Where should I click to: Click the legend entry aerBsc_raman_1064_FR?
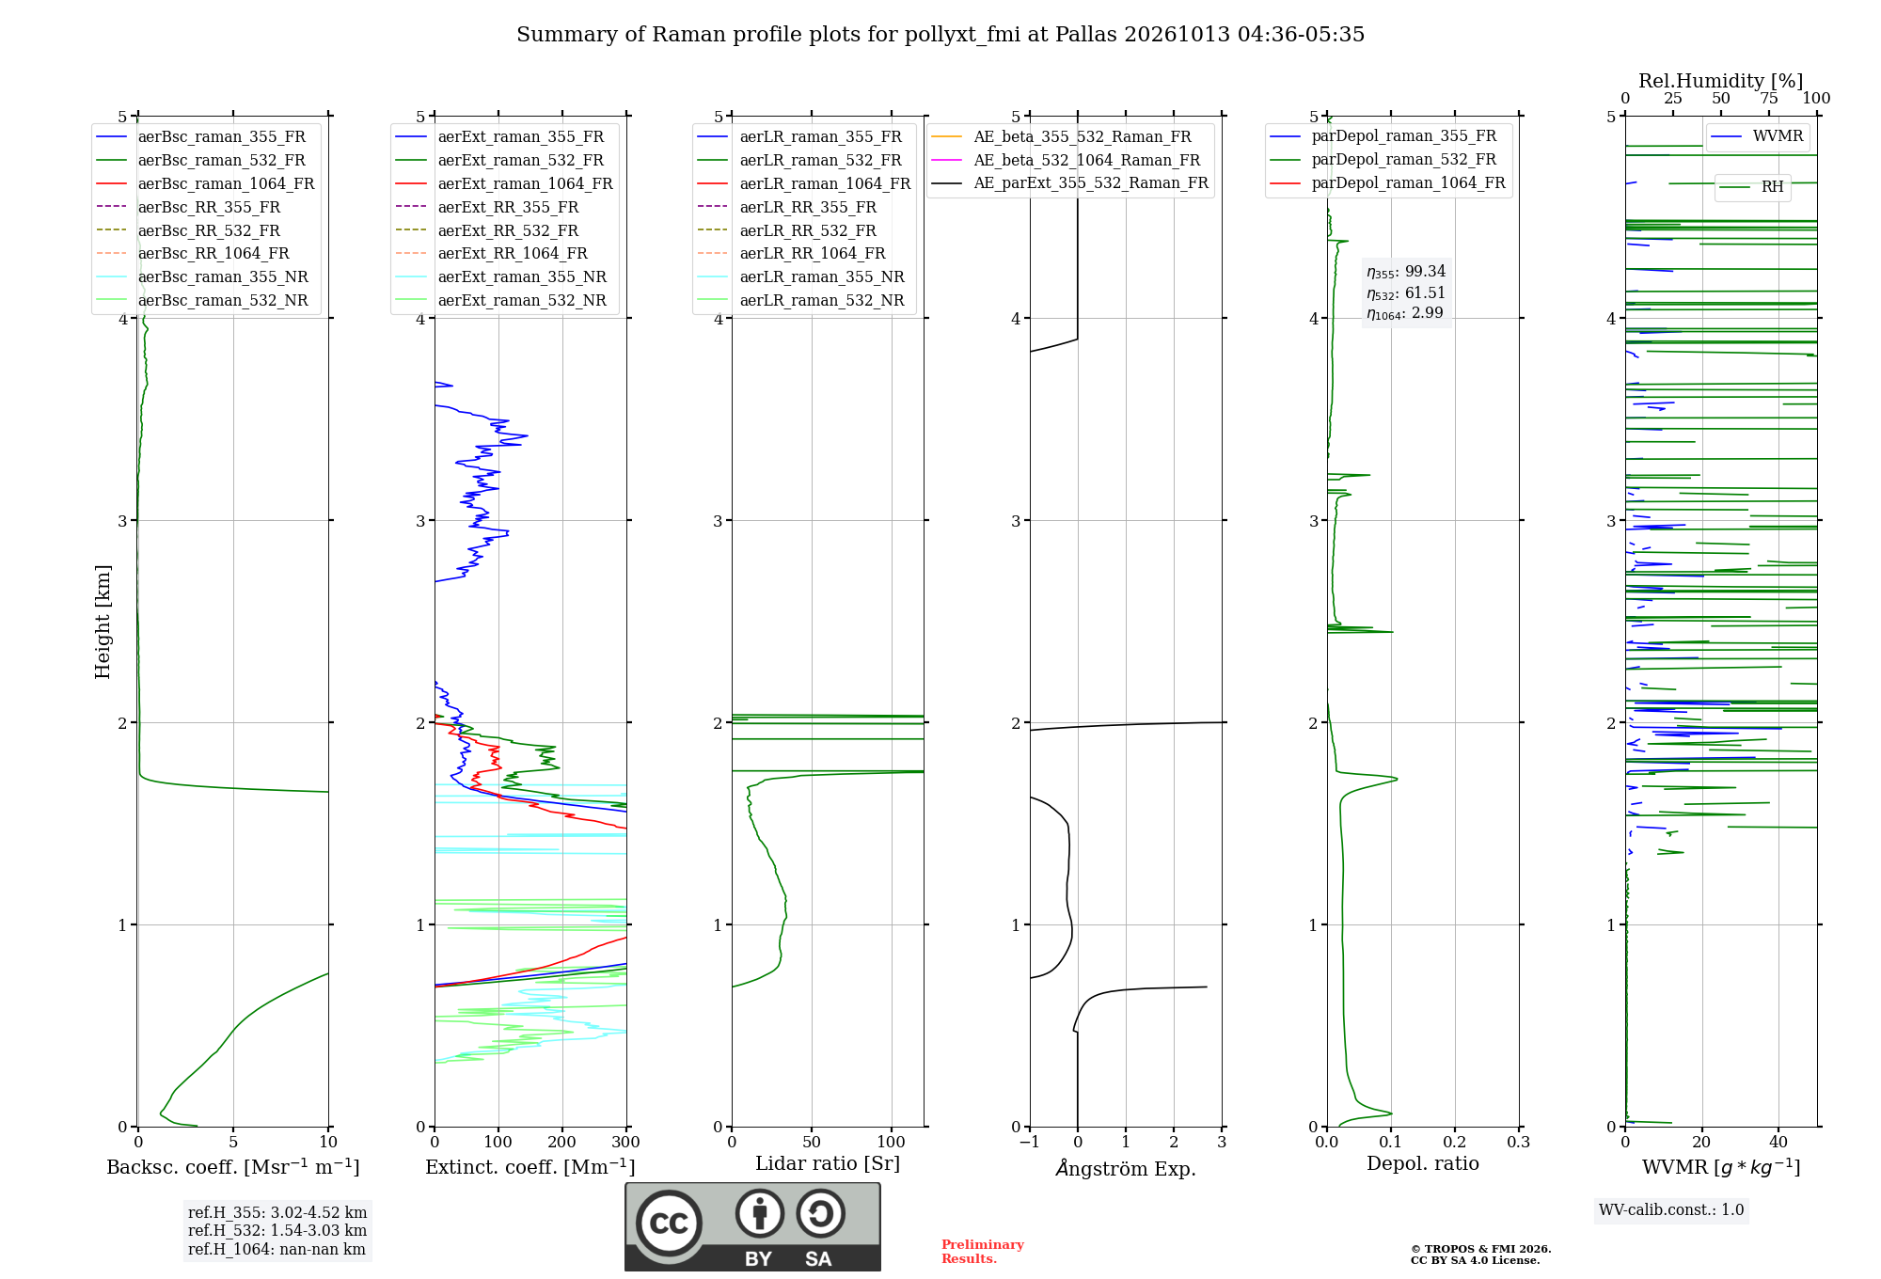[x=205, y=183]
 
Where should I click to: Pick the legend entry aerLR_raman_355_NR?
[x=800, y=276]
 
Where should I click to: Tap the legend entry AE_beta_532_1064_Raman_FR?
[x=1066, y=160]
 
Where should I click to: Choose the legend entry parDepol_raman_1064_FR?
[x=1387, y=182]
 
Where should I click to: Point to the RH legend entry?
[x=1751, y=187]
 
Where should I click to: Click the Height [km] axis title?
[x=103, y=622]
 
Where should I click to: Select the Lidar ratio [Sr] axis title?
[x=828, y=1163]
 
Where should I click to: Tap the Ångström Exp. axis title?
[x=1126, y=1168]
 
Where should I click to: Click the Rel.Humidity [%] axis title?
[x=1721, y=81]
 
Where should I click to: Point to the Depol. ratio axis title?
[x=1423, y=1163]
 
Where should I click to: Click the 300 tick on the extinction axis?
[x=626, y=1142]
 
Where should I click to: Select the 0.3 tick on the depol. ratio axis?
[x=1519, y=1142]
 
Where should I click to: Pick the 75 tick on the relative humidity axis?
[x=1769, y=98]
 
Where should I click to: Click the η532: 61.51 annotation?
[x=1406, y=292]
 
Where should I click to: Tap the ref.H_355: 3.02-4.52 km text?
[x=277, y=1212]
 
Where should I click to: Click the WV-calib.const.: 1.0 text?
[x=1671, y=1209]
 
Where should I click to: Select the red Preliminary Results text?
[x=983, y=1252]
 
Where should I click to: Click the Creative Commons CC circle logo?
[x=669, y=1223]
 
